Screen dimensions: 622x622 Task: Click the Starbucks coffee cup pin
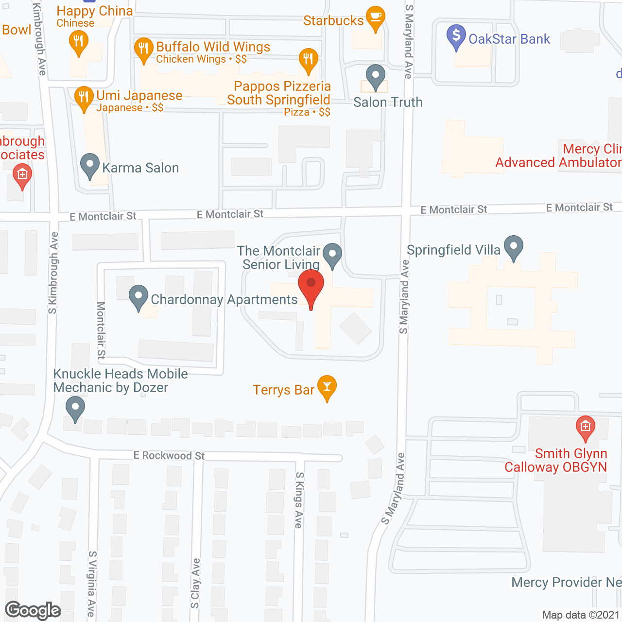coord(375,18)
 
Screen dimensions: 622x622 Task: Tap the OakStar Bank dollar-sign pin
coord(456,36)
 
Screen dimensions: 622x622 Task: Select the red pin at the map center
coord(311,287)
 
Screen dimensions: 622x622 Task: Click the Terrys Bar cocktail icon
coord(327,387)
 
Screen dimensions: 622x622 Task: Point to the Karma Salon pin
coord(89,165)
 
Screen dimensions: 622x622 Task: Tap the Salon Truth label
coord(388,102)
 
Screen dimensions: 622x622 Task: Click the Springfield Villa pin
coord(513,247)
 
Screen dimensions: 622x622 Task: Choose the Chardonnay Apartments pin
coord(138,297)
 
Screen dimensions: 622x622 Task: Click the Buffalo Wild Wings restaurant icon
coord(143,49)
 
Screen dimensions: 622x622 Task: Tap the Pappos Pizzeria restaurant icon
coord(308,60)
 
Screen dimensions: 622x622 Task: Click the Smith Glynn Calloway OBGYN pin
coord(585,428)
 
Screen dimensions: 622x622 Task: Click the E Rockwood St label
coord(169,455)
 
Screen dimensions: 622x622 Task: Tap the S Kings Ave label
coord(299,500)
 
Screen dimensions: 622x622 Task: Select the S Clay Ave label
coord(195,583)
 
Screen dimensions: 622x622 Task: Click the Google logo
coord(33,610)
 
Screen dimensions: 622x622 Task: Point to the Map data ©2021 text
coord(581,615)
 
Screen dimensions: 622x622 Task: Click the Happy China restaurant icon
coord(78,42)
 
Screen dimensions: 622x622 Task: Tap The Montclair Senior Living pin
coord(332,255)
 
